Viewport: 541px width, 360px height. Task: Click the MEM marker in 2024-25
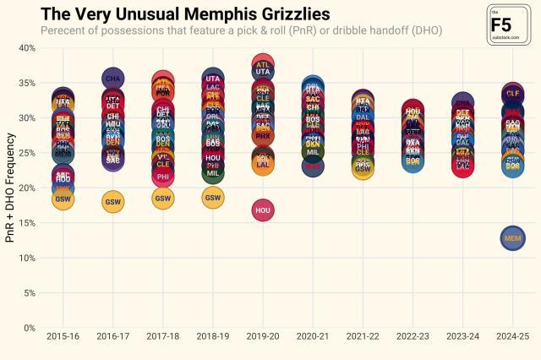pyautogui.click(x=512, y=239)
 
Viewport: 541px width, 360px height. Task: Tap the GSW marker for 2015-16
pyautogui.click(x=63, y=199)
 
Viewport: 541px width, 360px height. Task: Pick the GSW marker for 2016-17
pyautogui.click(x=113, y=201)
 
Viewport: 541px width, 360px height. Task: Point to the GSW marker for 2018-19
pyautogui.click(x=213, y=197)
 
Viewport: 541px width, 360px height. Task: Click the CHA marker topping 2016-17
pyautogui.click(x=113, y=79)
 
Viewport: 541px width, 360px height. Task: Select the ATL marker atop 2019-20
pyautogui.click(x=263, y=64)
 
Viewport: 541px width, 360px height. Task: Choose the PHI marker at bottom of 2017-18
pyautogui.click(x=163, y=177)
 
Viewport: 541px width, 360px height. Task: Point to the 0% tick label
pyautogui.click(x=28, y=328)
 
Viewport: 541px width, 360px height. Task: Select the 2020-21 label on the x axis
pyautogui.click(x=313, y=337)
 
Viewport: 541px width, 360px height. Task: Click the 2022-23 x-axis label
pyautogui.click(x=413, y=337)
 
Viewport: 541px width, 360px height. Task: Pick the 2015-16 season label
pyautogui.click(x=63, y=337)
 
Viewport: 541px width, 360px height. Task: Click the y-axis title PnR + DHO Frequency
pyautogui.click(x=9, y=188)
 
